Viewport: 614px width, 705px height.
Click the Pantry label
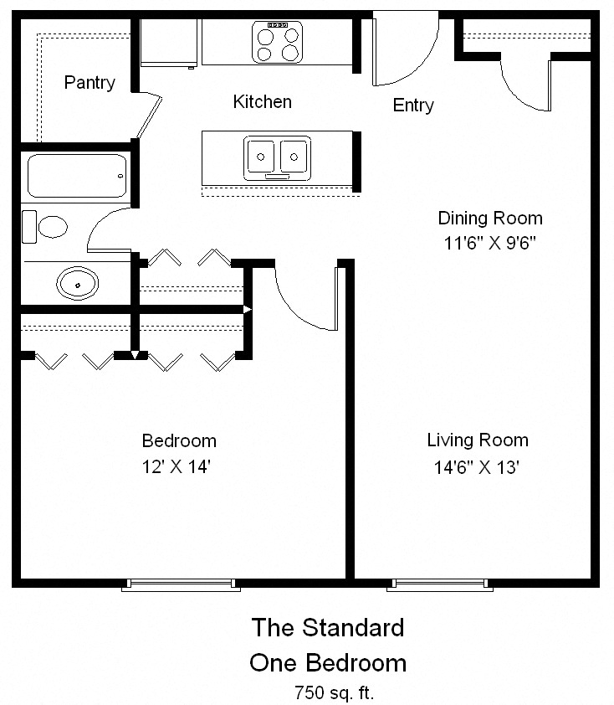click(x=90, y=83)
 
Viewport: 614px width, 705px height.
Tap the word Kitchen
click(x=263, y=102)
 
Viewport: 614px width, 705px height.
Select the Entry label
click(x=413, y=105)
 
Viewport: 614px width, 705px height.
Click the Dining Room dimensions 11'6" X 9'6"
click(x=489, y=244)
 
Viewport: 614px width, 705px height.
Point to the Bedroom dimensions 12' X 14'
click(x=176, y=466)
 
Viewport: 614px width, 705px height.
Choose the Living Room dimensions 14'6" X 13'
click(x=477, y=467)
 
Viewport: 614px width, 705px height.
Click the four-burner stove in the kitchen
click(x=277, y=42)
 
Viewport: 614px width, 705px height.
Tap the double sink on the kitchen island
click(x=277, y=158)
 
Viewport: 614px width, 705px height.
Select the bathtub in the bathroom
click(x=77, y=176)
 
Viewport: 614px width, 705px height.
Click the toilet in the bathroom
click(x=44, y=227)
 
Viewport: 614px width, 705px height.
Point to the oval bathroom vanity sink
click(x=77, y=284)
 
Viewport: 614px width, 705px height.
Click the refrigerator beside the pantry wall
click(x=168, y=44)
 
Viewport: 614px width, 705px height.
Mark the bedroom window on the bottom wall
click(x=181, y=584)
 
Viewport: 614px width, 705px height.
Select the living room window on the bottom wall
click(x=440, y=584)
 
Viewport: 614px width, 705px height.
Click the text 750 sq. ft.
click(x=334, y=693)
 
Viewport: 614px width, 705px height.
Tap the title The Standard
click(x=328, y=627)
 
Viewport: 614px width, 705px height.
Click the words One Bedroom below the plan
click(x=328, y=663)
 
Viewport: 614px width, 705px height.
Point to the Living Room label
click(x=478, y=440)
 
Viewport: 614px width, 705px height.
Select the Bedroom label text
click(x=179, y=441)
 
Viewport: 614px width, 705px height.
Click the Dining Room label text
click(x=490, y=219)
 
